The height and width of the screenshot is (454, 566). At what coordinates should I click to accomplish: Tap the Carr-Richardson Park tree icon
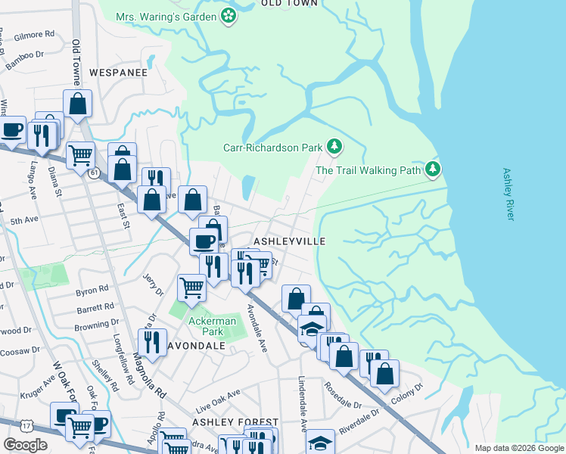point(334,147)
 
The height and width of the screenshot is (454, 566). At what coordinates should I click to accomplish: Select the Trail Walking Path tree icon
point(432,169)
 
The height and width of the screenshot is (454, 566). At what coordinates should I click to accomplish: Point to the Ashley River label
point(508,194)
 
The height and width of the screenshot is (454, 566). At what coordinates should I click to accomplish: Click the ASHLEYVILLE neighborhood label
point(289,241)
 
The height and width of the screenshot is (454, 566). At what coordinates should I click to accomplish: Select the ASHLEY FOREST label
point(235,421)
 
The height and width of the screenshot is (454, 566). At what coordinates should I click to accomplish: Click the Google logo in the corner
point(25,444)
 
